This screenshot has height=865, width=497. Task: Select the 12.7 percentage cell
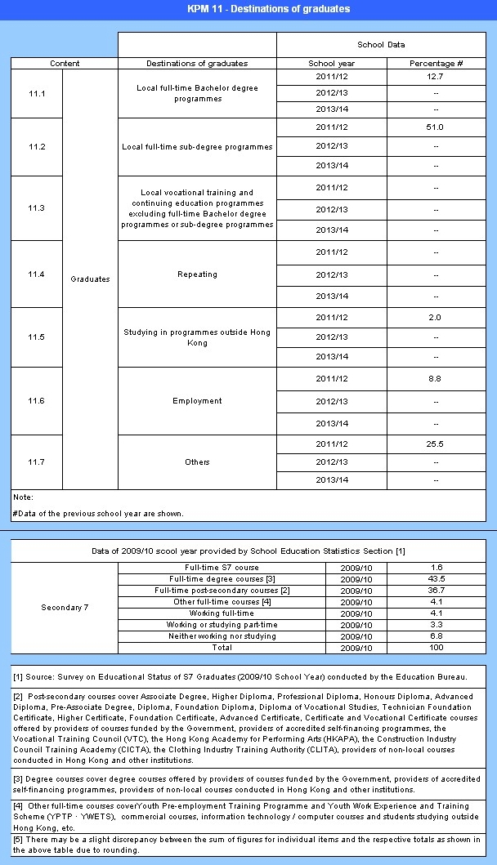[x=436, y=78]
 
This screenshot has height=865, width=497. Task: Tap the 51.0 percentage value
[x=436, y=127]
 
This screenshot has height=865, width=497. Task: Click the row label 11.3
[x=36, y=208]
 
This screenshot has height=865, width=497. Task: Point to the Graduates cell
[x=90, y=279]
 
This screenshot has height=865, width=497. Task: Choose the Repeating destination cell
[x=197, y=274]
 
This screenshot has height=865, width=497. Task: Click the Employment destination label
[x=197, y=401]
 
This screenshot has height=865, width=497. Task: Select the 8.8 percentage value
[x=436, y=379]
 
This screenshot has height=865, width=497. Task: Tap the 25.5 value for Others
[x=436, y=444]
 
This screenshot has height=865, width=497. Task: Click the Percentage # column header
[x=436, y=63]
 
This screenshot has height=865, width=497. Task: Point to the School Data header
[x=381, y=44]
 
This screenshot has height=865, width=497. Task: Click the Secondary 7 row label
[x=65, y=607]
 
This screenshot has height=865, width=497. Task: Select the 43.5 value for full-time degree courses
[x=436, y=578]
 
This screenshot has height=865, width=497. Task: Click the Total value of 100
[x=436, y=647]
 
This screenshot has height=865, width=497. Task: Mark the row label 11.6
[x=36, y=401]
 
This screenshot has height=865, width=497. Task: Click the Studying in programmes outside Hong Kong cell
[x=197, y=337]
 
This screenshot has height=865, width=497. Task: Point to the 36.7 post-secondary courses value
[x=436, y=590]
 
